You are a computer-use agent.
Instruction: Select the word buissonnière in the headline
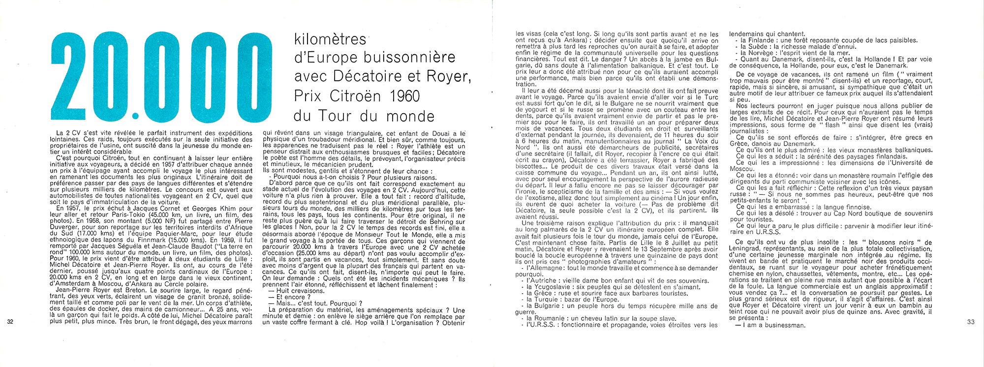(409, 58)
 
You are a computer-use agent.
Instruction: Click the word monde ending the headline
(410, 116)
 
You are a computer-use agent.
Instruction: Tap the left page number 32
(11, 322)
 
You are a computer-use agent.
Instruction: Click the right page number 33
(970, 322)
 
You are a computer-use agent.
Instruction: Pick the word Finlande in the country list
(761, 40)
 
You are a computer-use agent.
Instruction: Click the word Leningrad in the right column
(745, 249)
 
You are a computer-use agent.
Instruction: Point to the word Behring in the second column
(434, 221)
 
